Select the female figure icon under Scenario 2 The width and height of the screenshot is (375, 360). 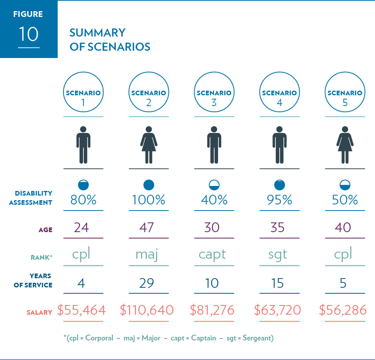tap(148, 145)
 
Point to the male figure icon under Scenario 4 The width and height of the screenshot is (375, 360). tap(279, 145)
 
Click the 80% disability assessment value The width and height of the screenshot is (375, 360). tap(83, 200)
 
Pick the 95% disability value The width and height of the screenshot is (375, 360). tap(279, 200)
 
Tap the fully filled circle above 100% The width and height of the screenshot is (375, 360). tap(148, 185)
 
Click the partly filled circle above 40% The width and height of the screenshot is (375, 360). tap(214, 185)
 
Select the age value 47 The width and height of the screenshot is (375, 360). tap(148, 227)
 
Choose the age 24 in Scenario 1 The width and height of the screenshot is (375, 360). tap(81, 227)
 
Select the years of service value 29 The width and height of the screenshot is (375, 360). tap(147, 283)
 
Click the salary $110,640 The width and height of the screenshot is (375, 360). tap(147, 310)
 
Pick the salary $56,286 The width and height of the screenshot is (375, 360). tap(343, 310)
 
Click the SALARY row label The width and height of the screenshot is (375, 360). tap(39, 312)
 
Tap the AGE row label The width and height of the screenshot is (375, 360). tap(45, 230)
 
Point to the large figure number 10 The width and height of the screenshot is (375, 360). tap(28, 34)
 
